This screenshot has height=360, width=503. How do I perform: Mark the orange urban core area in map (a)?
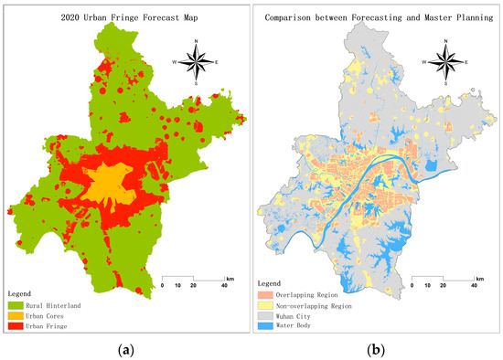click(x=111, y=182)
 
